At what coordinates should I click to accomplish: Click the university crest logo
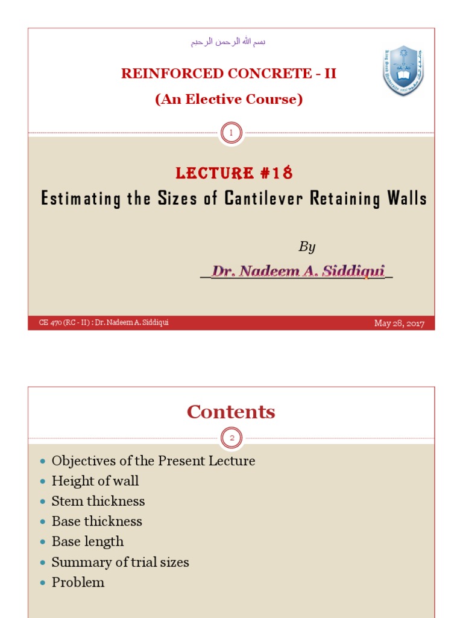point(403,70)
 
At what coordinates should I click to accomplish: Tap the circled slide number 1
point(231,133)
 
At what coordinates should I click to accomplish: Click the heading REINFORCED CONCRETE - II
point(228,74)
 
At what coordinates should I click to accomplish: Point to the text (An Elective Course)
point(228,100)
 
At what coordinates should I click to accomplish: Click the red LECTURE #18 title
point(234,173)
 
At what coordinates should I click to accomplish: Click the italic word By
point(307,247)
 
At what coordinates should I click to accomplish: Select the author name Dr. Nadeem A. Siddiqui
point(298,272)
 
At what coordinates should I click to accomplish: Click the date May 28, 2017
point(399,323)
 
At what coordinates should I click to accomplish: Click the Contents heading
point(231,412)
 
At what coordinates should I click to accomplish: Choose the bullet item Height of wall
point(95,481)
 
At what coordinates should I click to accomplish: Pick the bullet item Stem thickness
point(98,501)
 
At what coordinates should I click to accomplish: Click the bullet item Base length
point(87,542)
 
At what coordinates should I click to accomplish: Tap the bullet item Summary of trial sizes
point(120,562)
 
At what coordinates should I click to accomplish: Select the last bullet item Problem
point(78,582)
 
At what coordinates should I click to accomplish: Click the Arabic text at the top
point(228,42)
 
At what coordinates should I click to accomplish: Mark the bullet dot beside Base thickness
point(42,522)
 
